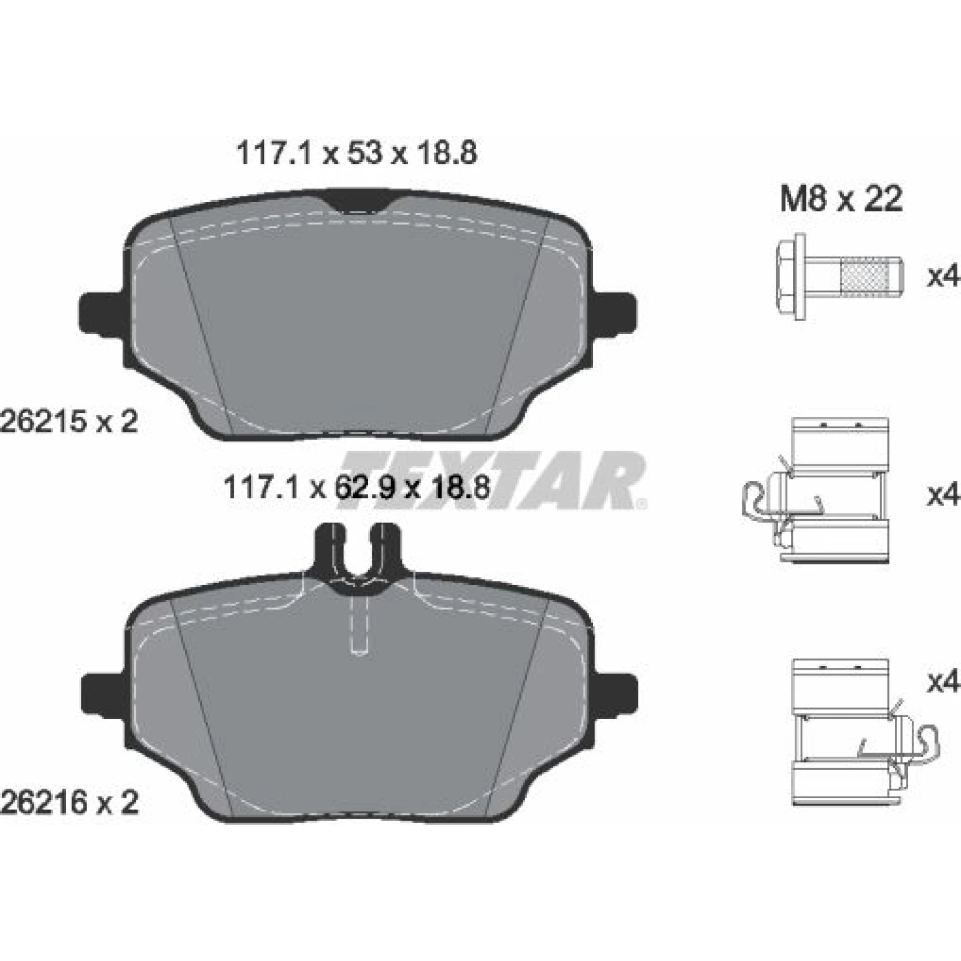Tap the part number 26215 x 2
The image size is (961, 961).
[x=69, y=422]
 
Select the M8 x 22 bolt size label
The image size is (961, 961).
[x=841, y=198]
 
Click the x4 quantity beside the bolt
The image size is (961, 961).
[x=944, y=276]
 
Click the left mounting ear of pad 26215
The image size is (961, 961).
[x=103, y=312]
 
